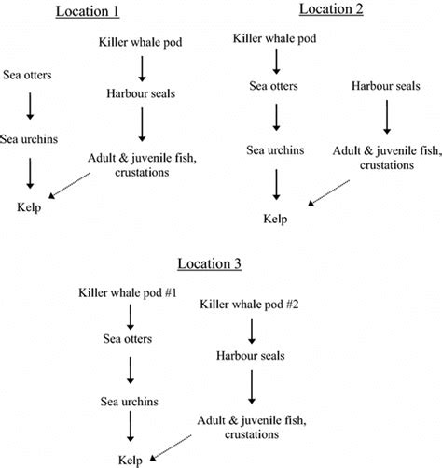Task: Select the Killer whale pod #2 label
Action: [249, 305]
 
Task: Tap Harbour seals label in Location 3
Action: [249, 356]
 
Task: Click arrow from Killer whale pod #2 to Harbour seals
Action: [249, 331]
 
